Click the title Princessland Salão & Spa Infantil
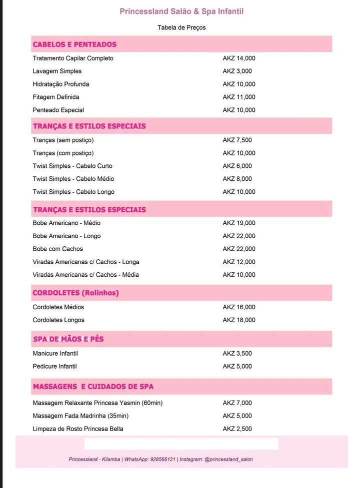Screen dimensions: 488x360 point(181,11)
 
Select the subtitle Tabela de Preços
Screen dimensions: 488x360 point(181,27)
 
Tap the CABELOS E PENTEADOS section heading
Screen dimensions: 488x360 point(74,44)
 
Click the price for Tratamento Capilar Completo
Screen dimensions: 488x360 point(239,58)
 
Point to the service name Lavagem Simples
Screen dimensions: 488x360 point(57,71)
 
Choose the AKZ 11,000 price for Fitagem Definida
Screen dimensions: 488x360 point(239,97)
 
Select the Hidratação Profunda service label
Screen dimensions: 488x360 point(61,84)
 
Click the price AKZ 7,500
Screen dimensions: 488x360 point(237,140)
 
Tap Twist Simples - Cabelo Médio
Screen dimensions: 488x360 point(73,179)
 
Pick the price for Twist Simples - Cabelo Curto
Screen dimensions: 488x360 point(237,166)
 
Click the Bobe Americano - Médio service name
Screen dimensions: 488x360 point(66,223)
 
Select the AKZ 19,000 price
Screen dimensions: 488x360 point(239,223)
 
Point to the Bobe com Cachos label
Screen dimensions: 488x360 point(58,249)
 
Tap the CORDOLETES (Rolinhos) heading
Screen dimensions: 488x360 point(75,293)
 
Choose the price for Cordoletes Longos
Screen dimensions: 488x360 point(239,320)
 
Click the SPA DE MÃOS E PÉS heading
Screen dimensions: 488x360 point(68,339)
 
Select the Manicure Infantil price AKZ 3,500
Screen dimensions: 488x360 point(237,354)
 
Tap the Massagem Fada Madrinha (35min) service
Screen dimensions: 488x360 point(80,416)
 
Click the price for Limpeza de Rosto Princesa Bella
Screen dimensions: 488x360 point(237,429)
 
